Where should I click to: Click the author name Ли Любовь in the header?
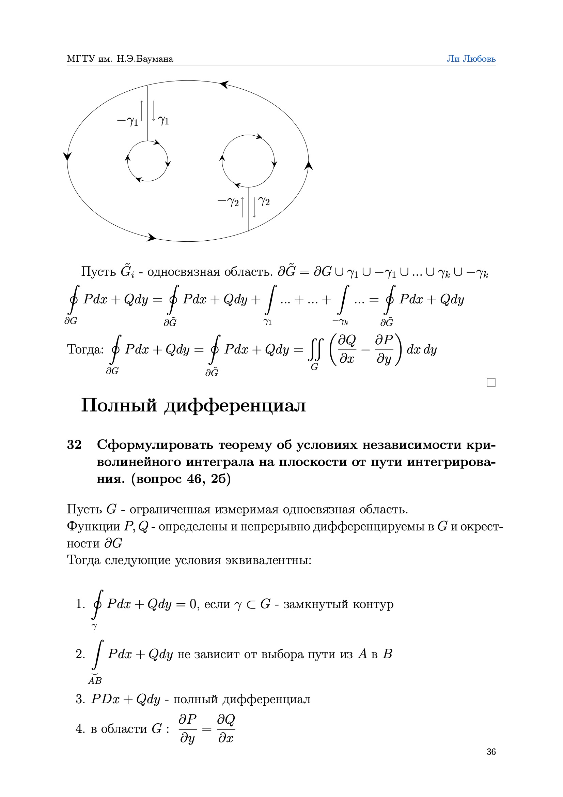(471, 59)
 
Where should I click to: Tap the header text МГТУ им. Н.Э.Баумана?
(120, 59)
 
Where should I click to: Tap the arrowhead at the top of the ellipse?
(224, 84)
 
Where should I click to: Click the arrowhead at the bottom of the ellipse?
(152, 238)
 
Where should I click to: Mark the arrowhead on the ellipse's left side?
(67, 156)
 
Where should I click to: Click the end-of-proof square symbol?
(491, 382)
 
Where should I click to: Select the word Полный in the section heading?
(119, 405)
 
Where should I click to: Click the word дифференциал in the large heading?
(235, 406)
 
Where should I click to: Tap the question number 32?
(74, 445)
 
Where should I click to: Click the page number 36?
(491, 752)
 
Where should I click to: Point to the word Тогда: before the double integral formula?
(85, 349)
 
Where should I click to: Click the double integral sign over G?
(316, 350)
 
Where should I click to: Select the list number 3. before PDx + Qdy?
(80, 699)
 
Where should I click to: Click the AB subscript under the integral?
(95, 680)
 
